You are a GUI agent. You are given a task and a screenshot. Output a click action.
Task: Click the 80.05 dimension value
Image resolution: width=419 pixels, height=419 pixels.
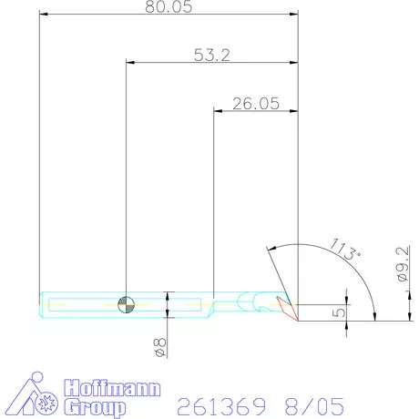tap(169, 6)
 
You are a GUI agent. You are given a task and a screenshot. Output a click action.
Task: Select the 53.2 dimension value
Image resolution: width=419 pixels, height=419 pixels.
tap(212, 56)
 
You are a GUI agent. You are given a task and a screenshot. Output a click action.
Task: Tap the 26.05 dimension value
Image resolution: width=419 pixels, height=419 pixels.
tap(256, 104)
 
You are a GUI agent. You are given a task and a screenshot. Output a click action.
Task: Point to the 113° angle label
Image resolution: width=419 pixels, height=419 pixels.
tap(346, 250)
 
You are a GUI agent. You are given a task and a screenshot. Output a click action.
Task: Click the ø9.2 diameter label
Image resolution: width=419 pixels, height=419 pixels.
tap(403, 263)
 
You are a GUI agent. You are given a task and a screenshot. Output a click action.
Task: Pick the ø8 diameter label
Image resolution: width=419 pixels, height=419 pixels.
tap(160, 347)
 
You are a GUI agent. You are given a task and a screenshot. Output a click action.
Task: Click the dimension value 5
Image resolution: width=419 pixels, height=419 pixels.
tap(339, 312)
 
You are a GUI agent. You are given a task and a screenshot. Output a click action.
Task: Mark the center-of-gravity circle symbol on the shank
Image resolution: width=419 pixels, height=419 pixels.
tap(126, 304)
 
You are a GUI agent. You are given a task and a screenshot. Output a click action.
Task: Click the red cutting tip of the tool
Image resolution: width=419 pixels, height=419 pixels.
tap(287, 308)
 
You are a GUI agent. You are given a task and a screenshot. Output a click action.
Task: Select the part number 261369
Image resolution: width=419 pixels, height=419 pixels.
tap(221, 406)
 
